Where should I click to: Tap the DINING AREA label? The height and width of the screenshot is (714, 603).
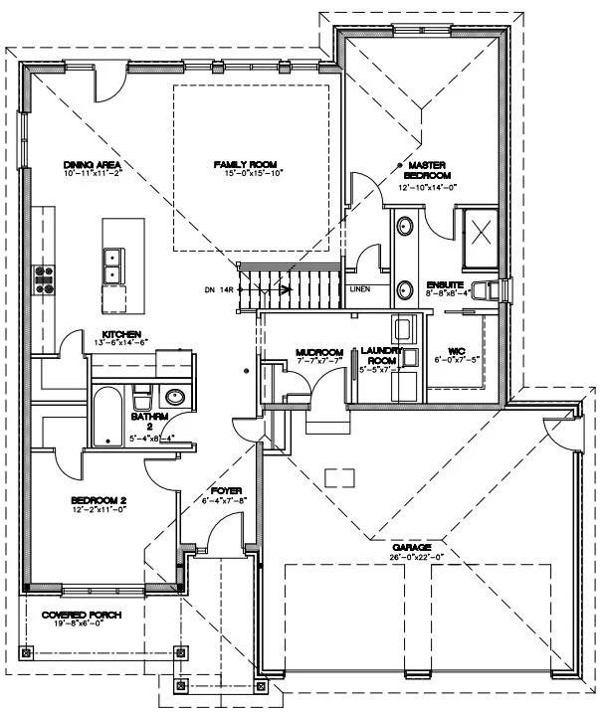(92, 164)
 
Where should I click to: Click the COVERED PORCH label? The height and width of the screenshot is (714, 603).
(82, 616)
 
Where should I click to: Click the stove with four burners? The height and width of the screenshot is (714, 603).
(45, 277)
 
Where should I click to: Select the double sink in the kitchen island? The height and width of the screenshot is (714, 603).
(112, 265)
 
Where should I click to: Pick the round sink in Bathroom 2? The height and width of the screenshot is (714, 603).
(174, 398)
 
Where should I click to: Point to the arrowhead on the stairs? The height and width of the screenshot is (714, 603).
(287, 290)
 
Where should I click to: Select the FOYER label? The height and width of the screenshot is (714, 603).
(221, 490)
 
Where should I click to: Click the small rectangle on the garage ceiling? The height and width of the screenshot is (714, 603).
(339, 478)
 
